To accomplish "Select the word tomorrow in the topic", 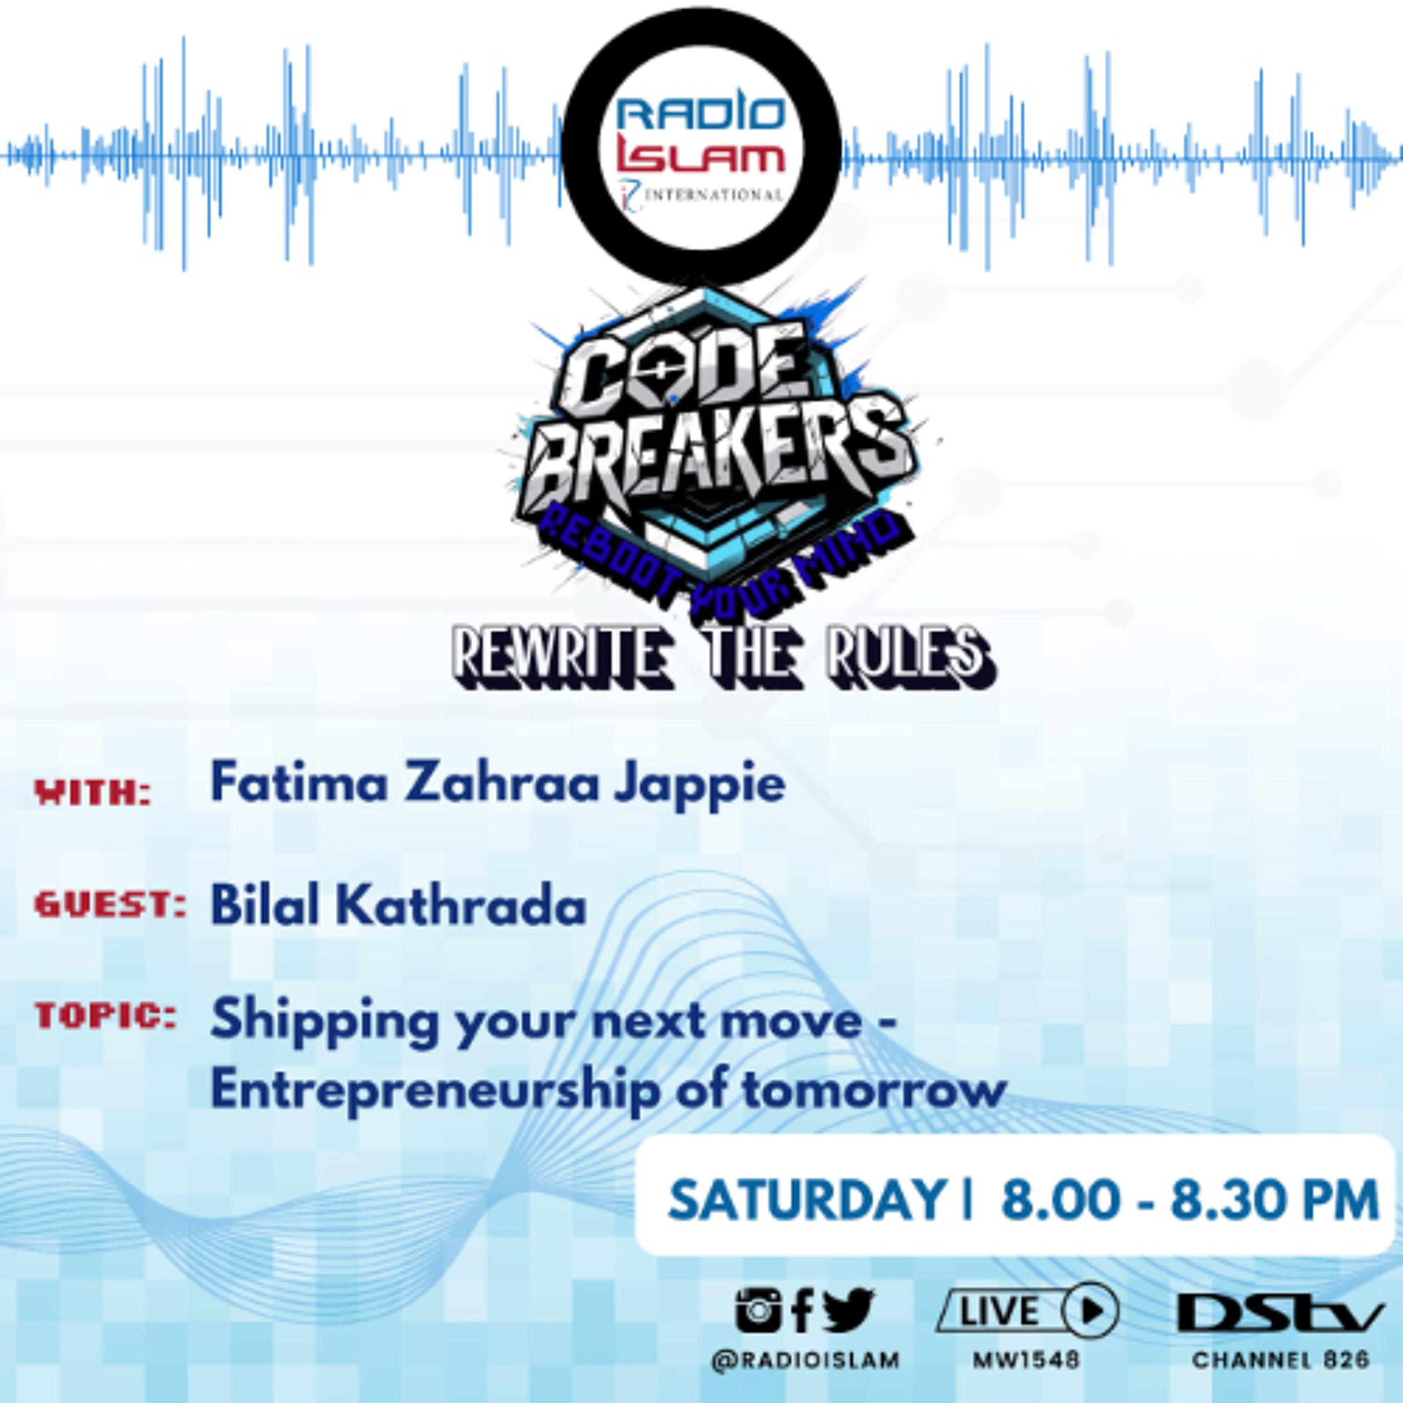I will (875, 1090).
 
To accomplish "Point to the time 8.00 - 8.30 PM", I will (1189, 1199).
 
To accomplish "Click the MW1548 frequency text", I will (1026, 1360).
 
